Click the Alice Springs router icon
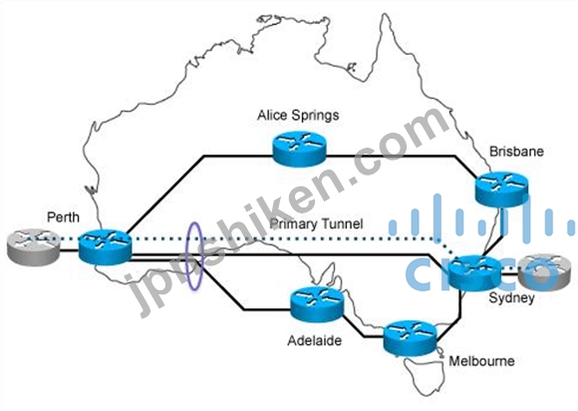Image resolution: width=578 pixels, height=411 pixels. tap(299, 149)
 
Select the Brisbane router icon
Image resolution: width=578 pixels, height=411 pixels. tap(501, 190)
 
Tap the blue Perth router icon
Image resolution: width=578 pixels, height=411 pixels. tap(105, 246)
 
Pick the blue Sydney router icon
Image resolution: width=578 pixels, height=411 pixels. tap(475, 273)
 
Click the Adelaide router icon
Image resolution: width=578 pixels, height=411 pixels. tap(317, 304)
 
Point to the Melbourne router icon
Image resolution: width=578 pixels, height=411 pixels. tap(410, 338)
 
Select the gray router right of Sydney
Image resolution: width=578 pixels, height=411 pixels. tap(544, 273)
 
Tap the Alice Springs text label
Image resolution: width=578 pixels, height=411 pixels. tap(298, 116)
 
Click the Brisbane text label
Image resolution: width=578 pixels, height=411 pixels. tap(516, 152)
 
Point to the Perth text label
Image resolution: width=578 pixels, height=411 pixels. tap(63, 216)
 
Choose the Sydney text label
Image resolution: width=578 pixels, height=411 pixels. tap(511, 298)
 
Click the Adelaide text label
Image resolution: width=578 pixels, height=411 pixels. tap(315, 340)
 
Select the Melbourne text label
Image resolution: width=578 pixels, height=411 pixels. tap(481, 361)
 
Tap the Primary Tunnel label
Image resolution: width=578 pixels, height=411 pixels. tap(316, 223)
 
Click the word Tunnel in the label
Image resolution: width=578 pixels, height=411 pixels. tap(342, 223)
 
